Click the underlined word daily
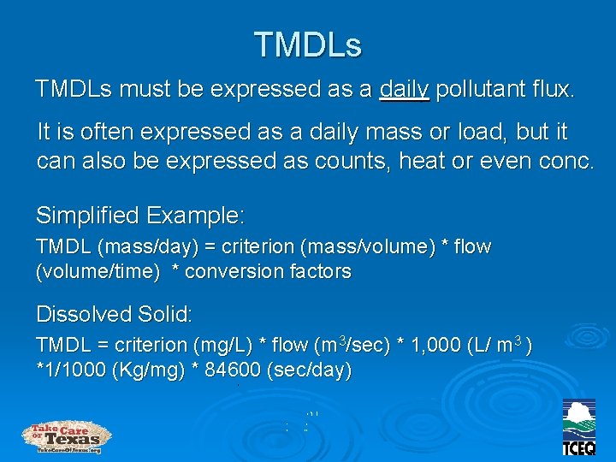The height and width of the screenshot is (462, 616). pyautogui.click(x=404, y=89)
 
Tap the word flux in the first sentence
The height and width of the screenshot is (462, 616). pyautogui.click(x=554, y=89)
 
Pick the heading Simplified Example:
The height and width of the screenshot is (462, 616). pyautogui.click(x=140, y=214)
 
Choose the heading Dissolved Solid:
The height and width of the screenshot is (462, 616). pyautogui.click(x=114, y=314)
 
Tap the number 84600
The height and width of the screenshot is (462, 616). pyautogui.click(x=233, y=371)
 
